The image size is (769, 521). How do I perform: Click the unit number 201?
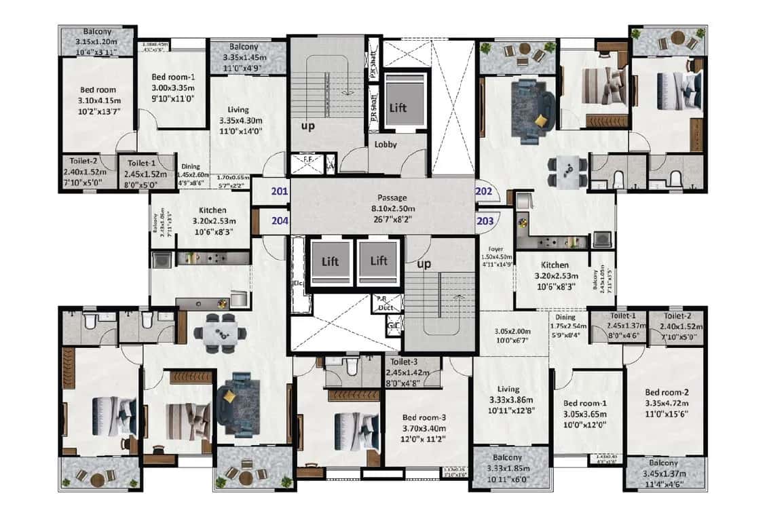(x=279, y=192)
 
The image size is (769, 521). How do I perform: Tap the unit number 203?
(x=485, y=220)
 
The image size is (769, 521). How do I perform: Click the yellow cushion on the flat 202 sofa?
(x=541, y=120)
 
